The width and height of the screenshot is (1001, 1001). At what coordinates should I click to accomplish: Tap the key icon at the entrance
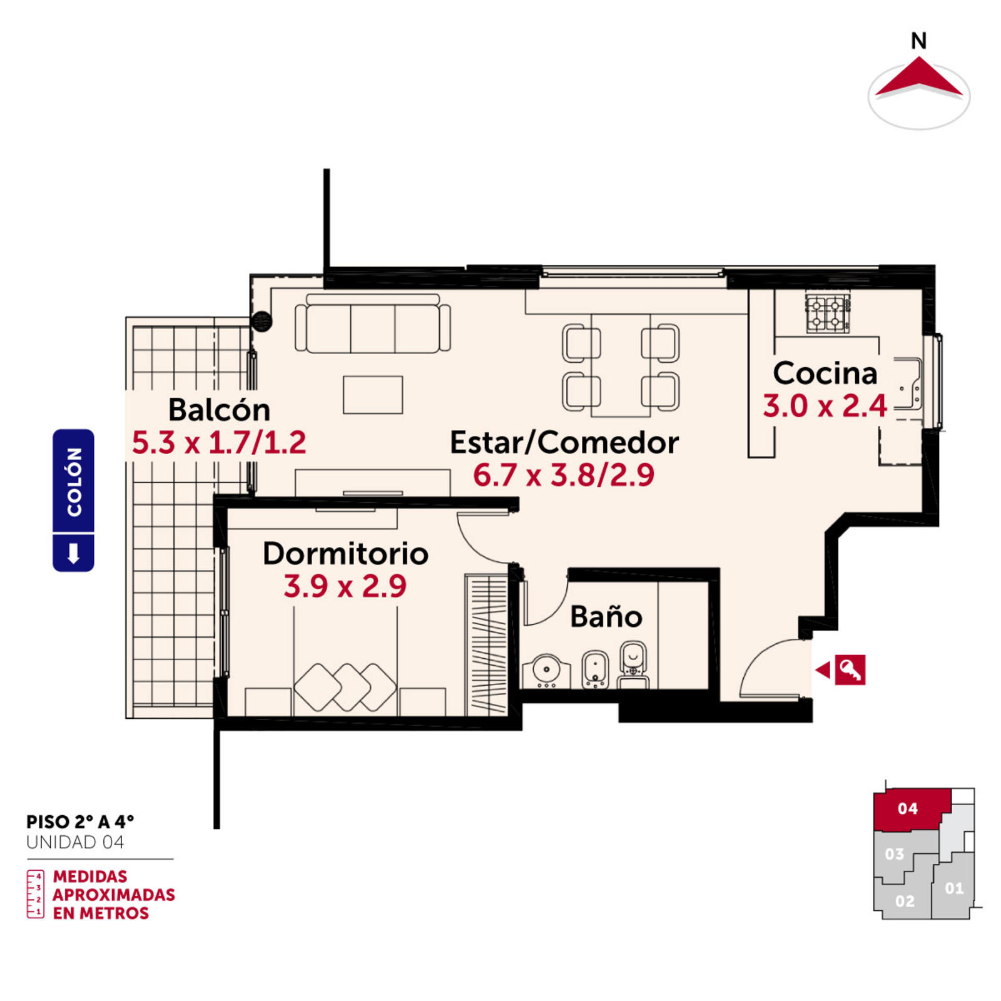(850, 670)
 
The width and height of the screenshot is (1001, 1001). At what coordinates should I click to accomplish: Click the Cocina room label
(825, 373)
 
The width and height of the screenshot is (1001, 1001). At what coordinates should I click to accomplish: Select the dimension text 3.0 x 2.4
(825, 406)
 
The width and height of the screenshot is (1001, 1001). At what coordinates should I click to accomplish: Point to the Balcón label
(219, 410)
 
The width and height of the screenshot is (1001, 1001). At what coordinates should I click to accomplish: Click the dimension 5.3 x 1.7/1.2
(219, 443)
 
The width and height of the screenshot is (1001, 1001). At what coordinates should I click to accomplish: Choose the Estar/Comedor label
(564, 443)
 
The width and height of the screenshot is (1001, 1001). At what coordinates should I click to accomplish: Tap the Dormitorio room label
(345, 554)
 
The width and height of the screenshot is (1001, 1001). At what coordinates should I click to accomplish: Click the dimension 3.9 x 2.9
(345, 586)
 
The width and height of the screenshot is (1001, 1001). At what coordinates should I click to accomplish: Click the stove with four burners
(828, 313)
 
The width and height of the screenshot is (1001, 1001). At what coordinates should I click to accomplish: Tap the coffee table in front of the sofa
(373, 395)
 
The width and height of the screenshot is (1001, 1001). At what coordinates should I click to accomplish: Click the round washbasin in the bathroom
(547, 671)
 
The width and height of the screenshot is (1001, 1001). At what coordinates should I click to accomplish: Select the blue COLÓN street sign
(73, 500)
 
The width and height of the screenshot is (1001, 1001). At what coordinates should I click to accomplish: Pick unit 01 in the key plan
(953, 888)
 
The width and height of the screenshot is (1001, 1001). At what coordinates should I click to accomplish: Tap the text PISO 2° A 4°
(80, 821)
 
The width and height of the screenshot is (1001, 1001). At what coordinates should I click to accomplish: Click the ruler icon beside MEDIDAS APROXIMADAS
(35, 894)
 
